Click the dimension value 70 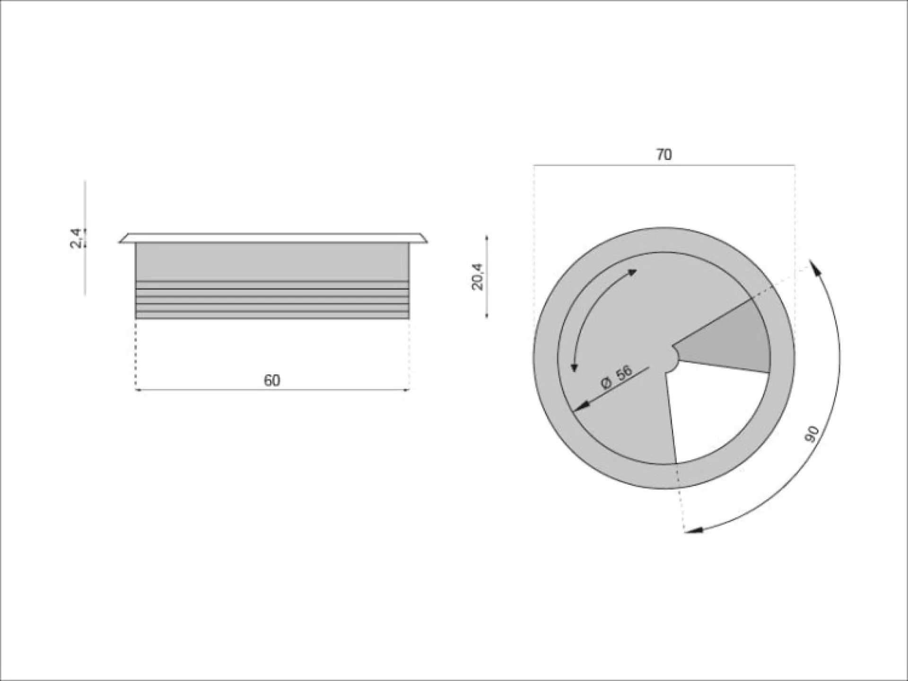(x=664, y=155)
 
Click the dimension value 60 (x=272, y=380)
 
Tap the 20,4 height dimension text (x=478, y=276)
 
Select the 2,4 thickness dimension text (x=76, y=238)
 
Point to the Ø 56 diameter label (x=617, y=377)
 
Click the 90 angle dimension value (x=812, y=434)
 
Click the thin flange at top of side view (x=273, y=238)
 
